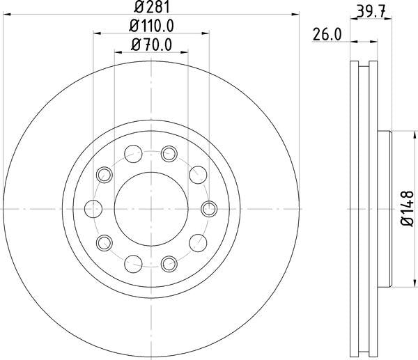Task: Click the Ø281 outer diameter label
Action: pos(150,8)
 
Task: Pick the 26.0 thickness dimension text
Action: pos(326,34)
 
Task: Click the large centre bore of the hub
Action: pos(150,208)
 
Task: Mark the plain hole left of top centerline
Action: pos(132,152)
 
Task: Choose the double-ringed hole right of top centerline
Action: pos(169,152)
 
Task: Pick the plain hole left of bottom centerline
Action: pos(132,263)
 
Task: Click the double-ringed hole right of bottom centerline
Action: pos(169,263)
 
